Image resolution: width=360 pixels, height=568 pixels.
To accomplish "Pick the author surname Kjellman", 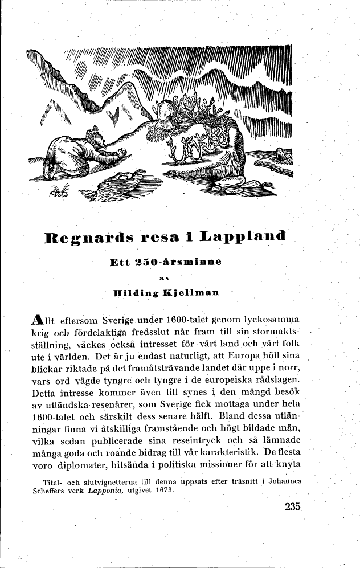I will (x=190, y=293).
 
